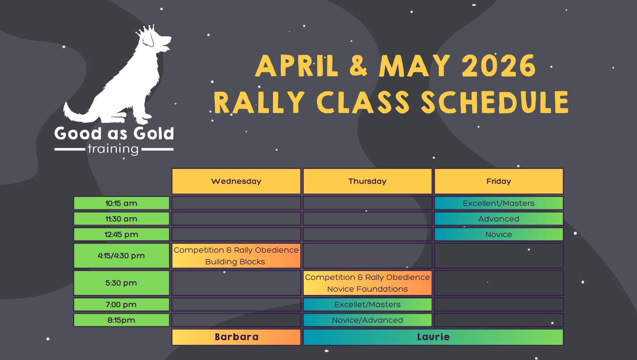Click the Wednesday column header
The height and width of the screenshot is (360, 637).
tap(236, 181)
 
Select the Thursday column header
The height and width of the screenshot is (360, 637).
tap(367, 181)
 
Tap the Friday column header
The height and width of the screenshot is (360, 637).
tap(499, 181)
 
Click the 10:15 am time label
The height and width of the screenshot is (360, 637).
tap(122, 203)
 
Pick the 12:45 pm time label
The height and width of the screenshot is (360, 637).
tap(122, 235)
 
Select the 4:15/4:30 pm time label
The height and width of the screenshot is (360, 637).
tap(122, 256)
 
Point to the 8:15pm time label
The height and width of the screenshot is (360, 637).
tap(122, 320)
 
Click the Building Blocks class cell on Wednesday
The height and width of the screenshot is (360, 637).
tap(236, 256)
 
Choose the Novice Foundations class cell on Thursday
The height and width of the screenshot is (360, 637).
tap(367, 283)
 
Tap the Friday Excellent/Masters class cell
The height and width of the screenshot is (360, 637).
tap(499, 203)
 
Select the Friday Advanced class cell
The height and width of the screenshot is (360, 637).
tap(499, 219)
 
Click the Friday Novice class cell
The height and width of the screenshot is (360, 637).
tap(499, 235)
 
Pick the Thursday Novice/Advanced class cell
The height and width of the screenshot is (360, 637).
tap(367, 320)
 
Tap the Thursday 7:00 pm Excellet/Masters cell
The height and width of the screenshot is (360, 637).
tap(367, 305)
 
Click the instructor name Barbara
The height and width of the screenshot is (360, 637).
tap(237, 337)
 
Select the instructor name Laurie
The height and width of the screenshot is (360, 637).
tap(433, 337)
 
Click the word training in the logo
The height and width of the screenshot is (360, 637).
tap(113, 149)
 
